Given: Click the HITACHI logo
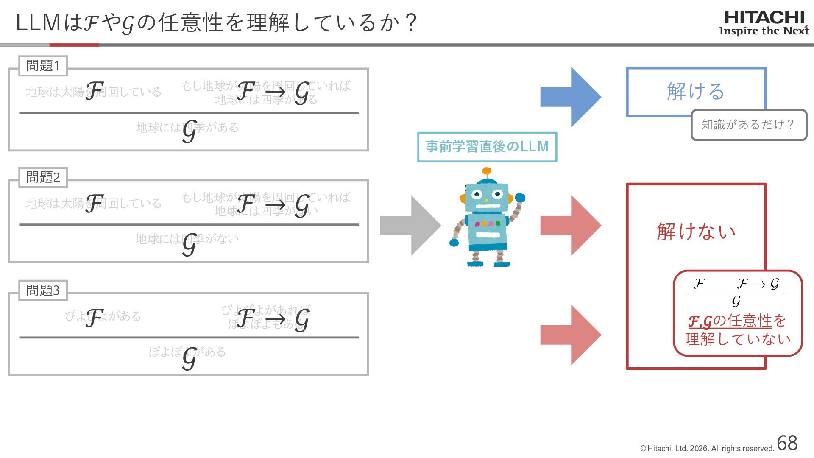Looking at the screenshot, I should tap(764, 18).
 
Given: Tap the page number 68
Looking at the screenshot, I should tap(787, 443).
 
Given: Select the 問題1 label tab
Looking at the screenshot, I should tap(43, 66).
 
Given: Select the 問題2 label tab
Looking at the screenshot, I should tap(43, 177).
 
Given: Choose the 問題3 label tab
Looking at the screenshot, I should tap(43, 290).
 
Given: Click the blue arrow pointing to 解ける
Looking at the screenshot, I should tap(570, 97).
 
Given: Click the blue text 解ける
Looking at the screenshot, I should tap(696, 91).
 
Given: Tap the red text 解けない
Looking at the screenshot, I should tap(696, 232).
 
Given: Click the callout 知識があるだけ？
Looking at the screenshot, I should tap(748, 125).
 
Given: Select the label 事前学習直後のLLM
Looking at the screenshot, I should tap(487, 147).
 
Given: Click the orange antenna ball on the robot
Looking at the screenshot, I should tap(487, 171).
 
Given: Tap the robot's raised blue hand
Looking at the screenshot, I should tap(520, 198).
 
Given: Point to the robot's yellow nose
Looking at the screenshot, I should tap(486, 200).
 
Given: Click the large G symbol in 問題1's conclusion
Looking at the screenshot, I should tap(190, 131).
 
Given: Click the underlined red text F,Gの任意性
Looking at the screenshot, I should tap(730, 321).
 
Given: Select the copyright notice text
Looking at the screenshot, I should tap(707, 449).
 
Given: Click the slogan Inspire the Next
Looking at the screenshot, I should tap(764, 31).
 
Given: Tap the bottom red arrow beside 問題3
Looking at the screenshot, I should tap(570, 335).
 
